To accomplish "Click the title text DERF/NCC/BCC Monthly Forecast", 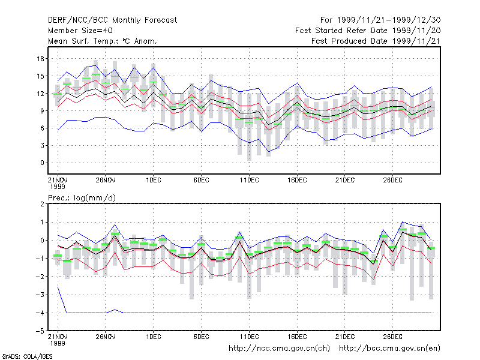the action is click(112, 20).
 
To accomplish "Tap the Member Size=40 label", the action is click(80, 31).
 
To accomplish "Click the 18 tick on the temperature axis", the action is click(40, 58).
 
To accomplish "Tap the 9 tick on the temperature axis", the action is click(42, 110).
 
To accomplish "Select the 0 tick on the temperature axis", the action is click(42, 163).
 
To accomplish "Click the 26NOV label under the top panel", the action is click(106, 181).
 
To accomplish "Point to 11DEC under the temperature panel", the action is click(249, 181).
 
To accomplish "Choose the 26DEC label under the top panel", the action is click(393, 181).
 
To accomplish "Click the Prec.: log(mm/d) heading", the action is click(82, 198).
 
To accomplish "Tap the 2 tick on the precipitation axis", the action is click(42, 204).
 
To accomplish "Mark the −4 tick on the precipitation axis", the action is click(40, 313).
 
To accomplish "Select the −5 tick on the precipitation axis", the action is click(40, 331).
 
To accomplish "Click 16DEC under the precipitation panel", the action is click(297, 337).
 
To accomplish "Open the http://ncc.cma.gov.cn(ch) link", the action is click(279, 349).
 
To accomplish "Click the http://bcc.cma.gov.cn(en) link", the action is click(389, 349).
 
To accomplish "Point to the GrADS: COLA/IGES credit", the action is click(27, 356).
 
